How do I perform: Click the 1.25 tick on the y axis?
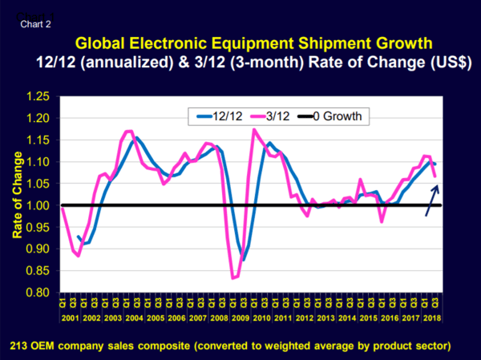(38, 96)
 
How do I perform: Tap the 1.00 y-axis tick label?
(38, 205)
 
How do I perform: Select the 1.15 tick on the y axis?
(38, 140)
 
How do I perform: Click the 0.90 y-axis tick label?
(38, 249)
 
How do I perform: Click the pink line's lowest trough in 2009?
(233, 277)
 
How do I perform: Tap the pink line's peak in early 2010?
(254, 130)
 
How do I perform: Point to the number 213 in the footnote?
(22, 346)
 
